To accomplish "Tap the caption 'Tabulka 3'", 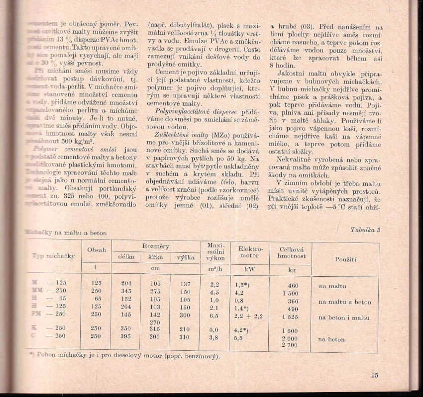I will [365, 230].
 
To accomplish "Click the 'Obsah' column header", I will [97, 250].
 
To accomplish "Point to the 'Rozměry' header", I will [156, 246].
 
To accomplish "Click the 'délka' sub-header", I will [126, 257].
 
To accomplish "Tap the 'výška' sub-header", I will [185, 257].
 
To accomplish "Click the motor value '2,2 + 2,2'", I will [248, 316].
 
